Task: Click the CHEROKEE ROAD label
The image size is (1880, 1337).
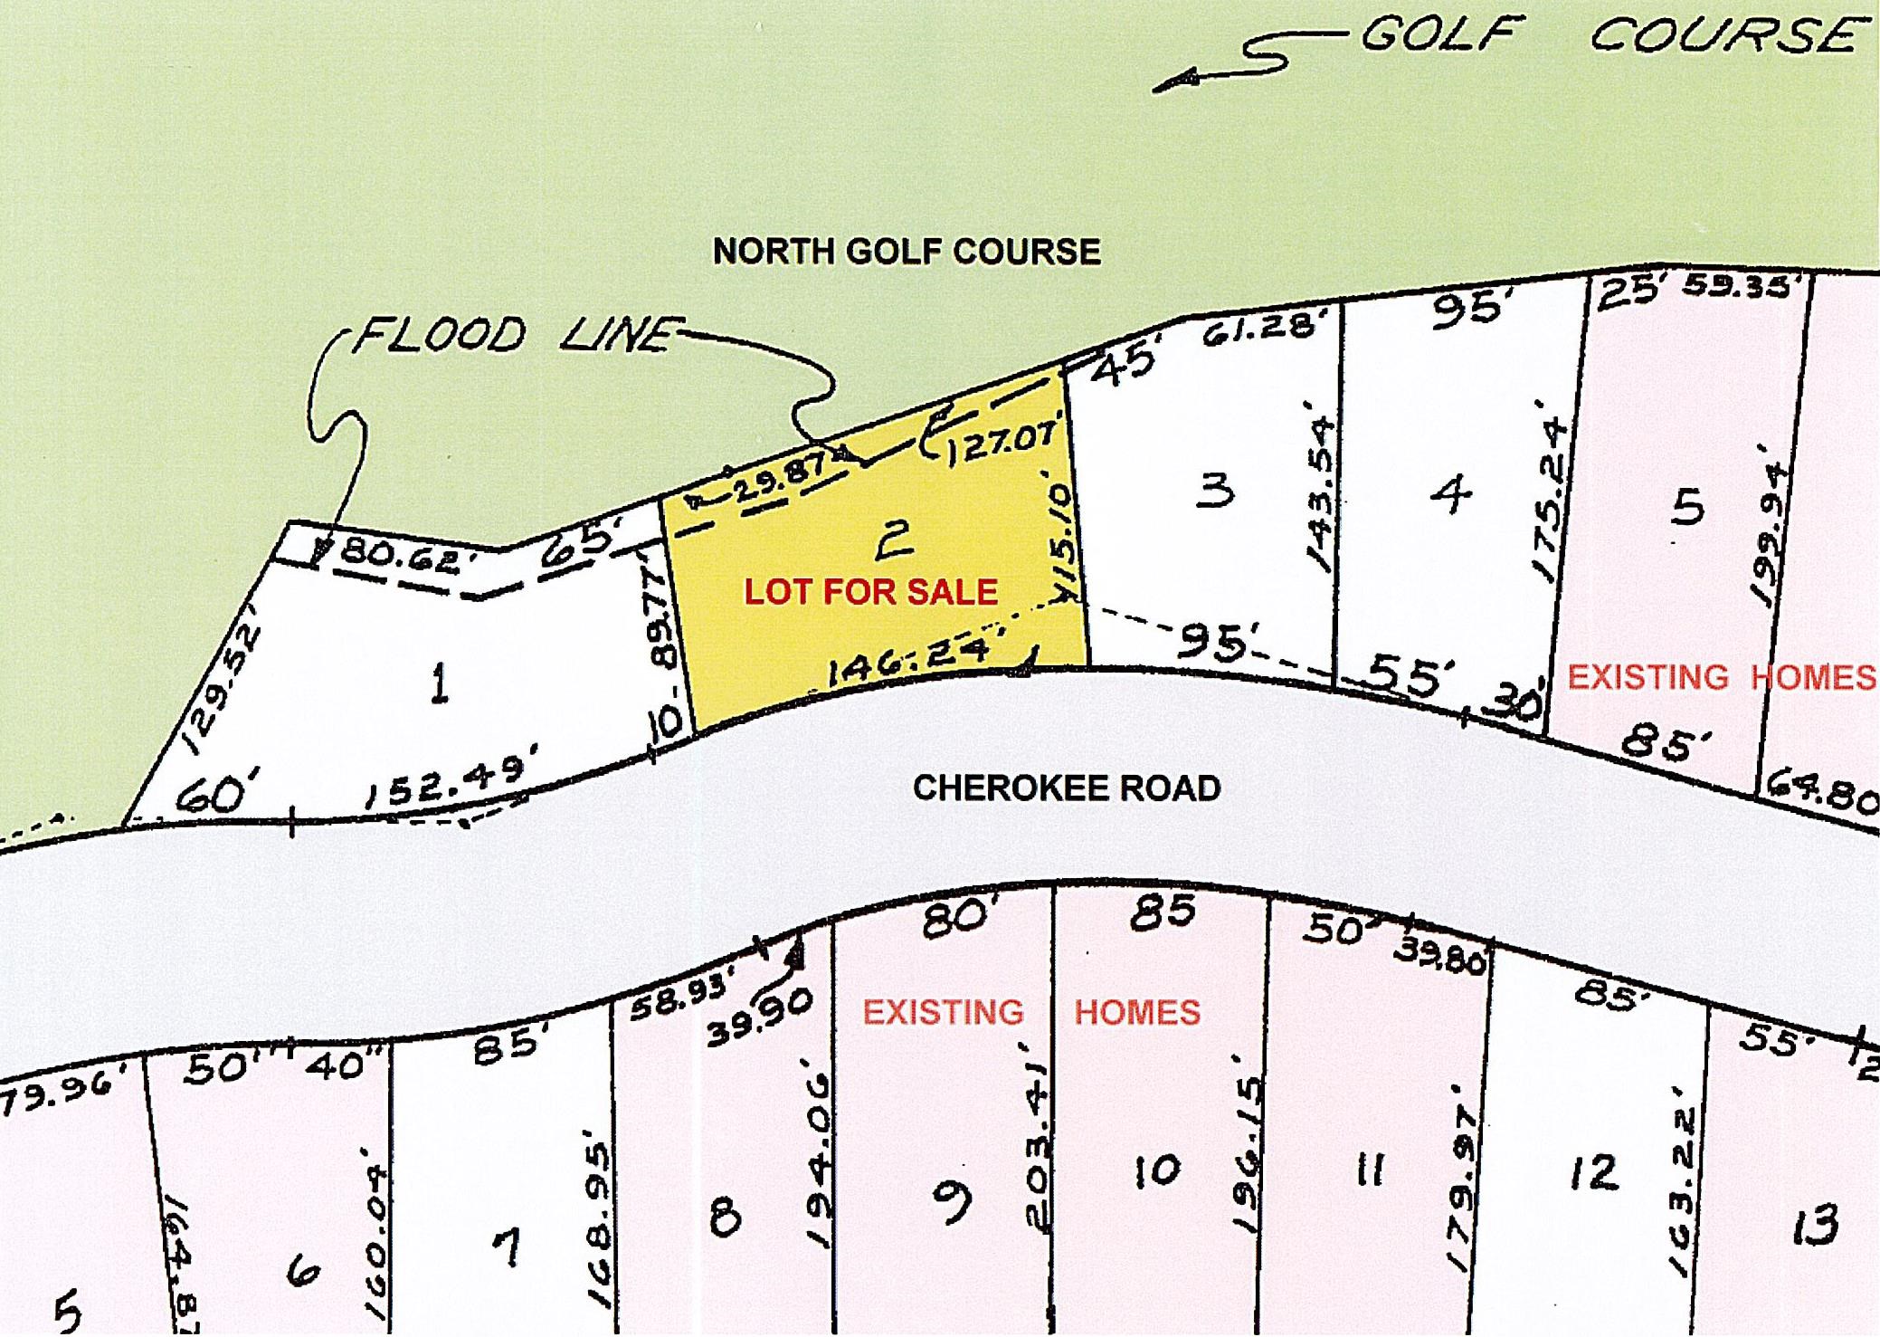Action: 1066,788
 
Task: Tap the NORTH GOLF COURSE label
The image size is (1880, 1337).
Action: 907,251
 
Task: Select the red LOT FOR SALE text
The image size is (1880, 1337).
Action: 870,592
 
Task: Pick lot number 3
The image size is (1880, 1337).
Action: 1214,492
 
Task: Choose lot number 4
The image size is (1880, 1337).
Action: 1450,494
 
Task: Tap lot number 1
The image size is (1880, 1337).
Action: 439,683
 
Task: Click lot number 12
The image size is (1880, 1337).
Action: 1593,1174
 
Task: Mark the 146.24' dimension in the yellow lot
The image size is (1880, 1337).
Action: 906,665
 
